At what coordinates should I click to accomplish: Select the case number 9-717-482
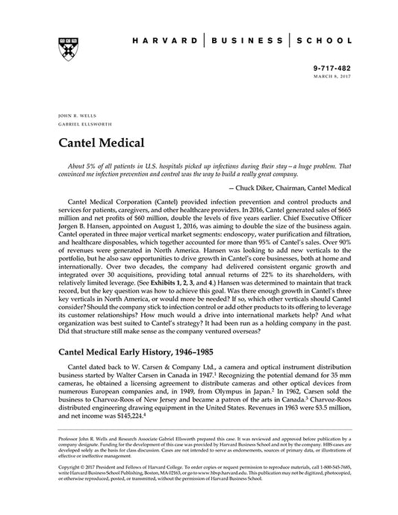coord(329,66)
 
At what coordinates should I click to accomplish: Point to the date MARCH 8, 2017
coord(331,75)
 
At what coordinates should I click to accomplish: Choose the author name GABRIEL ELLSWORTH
coord(82,125)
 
